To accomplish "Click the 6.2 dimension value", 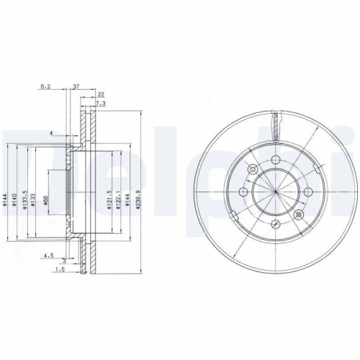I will click(44, 86).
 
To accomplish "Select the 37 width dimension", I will click(76, 86).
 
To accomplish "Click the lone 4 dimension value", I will click(52, 133).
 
